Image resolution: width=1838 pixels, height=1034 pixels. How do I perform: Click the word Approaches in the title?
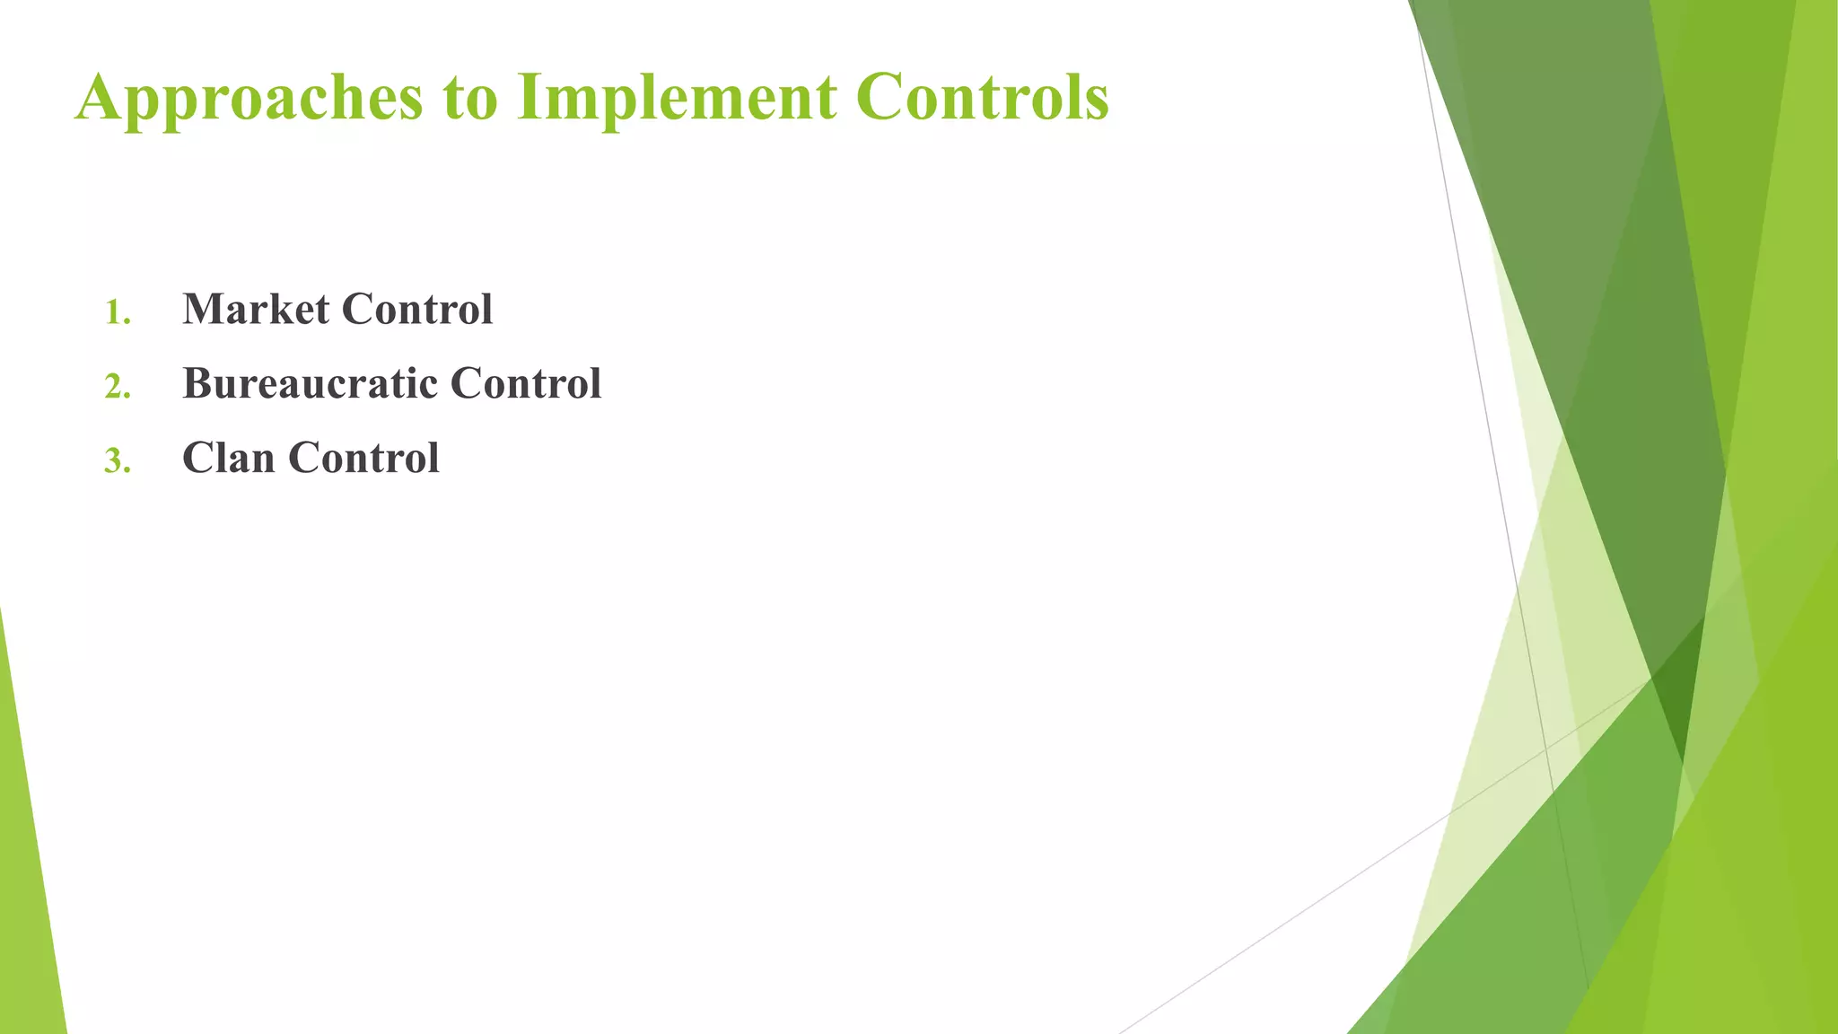(x=249, y=99)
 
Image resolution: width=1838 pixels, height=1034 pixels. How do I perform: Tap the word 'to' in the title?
(x=469, y=99)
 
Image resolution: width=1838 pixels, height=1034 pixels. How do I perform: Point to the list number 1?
(x=117, y=313)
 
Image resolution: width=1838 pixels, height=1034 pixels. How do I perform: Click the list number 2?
(x=117, y=387)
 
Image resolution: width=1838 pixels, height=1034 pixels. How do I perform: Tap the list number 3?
(x=117, y=461)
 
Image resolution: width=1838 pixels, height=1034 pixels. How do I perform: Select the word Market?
(x=256, y=310)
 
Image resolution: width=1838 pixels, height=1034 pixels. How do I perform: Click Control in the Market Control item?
(x=417, y=310)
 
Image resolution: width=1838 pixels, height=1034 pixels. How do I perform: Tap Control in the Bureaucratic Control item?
(x=526, y=384)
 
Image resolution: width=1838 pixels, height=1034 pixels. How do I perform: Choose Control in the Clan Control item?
(x=363, y=459)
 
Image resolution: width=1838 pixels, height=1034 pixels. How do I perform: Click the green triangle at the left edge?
(x=27, y=898)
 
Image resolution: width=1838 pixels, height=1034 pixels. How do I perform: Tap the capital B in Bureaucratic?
(x=197, y=384)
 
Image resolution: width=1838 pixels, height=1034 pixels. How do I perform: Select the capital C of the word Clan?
(x=198, y=459)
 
